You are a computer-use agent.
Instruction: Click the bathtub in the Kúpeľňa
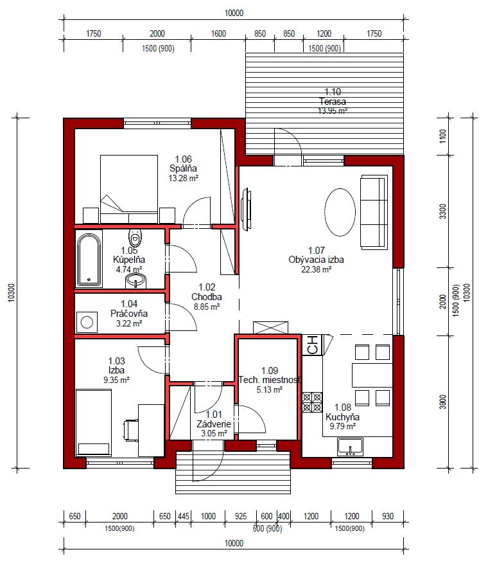tap(89, 260)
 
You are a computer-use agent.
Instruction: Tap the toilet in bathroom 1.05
tap(135, 238)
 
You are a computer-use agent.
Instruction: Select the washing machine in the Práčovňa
tap(87, 322)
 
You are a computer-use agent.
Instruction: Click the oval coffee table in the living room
tap(340, 212)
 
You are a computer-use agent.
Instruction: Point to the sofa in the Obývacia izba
tap(374, 212)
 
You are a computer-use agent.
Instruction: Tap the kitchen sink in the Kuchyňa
tap(350, 447)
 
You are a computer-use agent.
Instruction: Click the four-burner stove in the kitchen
tap(312, 402)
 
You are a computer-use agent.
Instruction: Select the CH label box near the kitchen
tap(312, 345)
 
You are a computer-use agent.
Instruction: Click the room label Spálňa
tap(183, 168)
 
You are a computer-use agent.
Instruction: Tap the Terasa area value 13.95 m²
tap(333, 111)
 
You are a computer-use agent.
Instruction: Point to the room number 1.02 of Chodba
tap(207, 287)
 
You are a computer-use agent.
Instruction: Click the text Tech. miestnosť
tap(270, 380)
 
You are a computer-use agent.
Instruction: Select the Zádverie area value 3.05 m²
tap(214, 434)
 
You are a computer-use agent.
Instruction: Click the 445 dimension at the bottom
tap(183, 516)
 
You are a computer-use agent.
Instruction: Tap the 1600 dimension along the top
tap(218, 33)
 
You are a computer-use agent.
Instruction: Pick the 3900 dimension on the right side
tap(443, 402)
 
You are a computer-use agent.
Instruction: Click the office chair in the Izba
tap(131, 430)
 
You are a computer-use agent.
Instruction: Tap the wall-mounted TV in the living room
tap(246, 209)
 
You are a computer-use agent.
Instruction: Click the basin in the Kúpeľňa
tap(135, 282)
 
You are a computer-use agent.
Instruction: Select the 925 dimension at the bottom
tap(241, 516)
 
